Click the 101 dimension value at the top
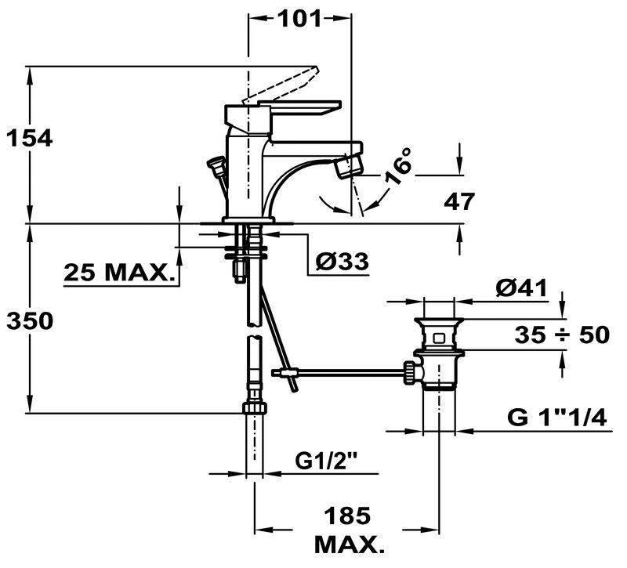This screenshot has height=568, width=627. pyautogui.click(x=300, y=18)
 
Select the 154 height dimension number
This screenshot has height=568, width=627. pyautogui.click(x=30, y=139)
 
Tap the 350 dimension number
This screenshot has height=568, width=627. pyautogui.click(x=30, y=321)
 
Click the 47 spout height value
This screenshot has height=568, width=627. pyautogui.click(x=459, y=201)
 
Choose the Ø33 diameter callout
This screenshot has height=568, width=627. pyautogui.click(x=342, y=262)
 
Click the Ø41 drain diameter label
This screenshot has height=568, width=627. pyautogui.click(x=521, y=288)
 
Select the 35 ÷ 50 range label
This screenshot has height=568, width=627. pyautogui.click(x=562, y=335)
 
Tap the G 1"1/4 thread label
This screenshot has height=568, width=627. pyautogui.click(x=557, y=418)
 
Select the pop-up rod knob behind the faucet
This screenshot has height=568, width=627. pyautogui.click(x=216, y=165)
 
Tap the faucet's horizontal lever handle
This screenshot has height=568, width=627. pyautogui.click(x=299, y=108)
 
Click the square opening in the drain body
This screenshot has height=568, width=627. pyautogui.click(x=439, y=338)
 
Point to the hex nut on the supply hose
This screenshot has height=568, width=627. pyautogui.click(x=254, y=408)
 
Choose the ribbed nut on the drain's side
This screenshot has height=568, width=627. pyautogui.click(x=409, y=373)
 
